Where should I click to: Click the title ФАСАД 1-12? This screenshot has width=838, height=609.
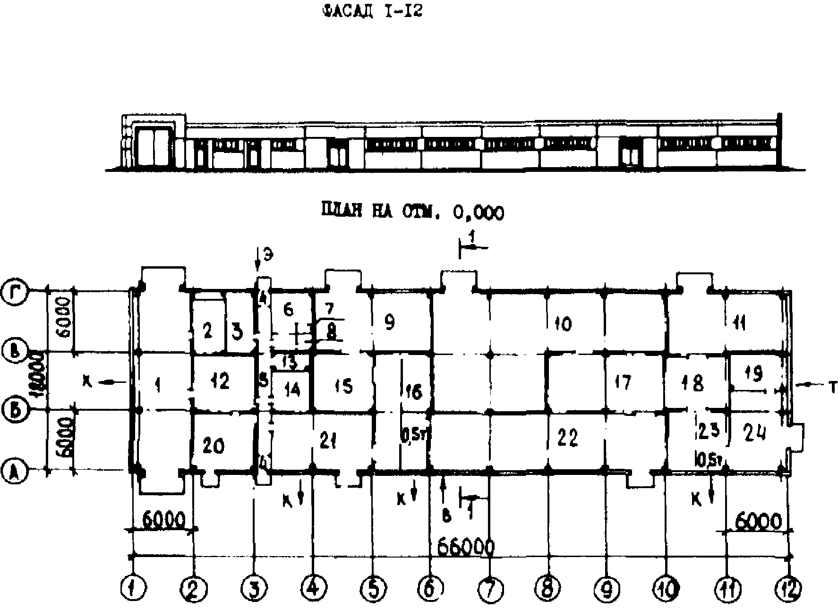point(371,11)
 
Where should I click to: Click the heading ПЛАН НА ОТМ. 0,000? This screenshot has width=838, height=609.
point(412,212)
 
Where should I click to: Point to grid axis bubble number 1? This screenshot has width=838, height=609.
point(133,588)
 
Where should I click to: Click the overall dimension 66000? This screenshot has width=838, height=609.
point(466,548)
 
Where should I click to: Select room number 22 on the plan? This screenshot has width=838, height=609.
point(567,438)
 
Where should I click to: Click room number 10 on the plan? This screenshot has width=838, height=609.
point(563,324)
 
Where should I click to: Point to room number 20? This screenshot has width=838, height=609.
point(213,445)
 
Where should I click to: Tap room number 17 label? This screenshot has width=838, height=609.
point(623,382)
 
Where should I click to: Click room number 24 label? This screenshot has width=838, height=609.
point(755,432)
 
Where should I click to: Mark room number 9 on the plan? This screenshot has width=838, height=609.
point(389,323)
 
